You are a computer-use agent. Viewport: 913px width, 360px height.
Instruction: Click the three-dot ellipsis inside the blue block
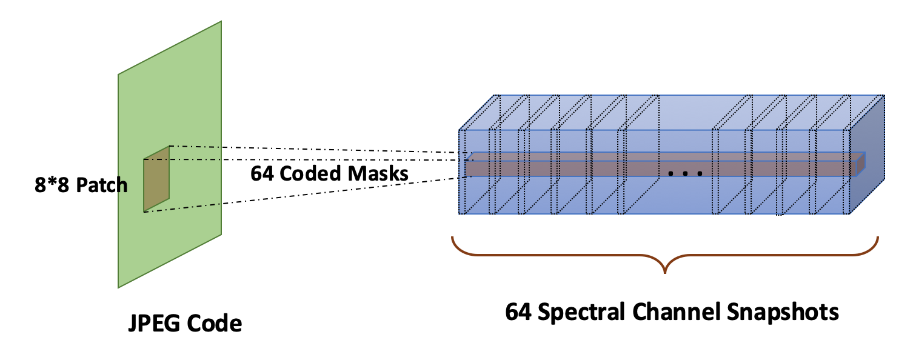click(685, 174)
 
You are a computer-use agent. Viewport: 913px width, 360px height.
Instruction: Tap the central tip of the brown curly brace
click(666, 272)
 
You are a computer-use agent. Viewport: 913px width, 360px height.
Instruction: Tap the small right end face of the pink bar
click(860, 164)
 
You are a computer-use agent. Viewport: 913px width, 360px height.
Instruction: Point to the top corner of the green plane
click(221, 22)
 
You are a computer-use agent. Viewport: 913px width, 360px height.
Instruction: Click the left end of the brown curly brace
click(452, 238)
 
